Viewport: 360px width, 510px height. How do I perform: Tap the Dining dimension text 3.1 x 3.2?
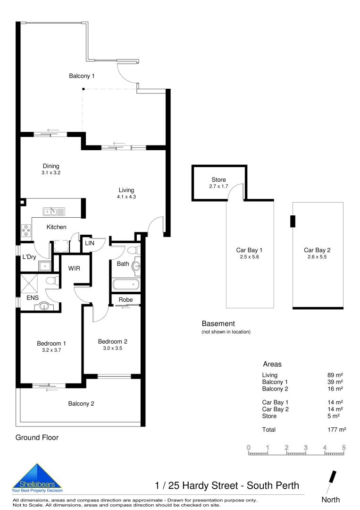[51, 173]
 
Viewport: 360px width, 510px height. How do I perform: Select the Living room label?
[126, 190]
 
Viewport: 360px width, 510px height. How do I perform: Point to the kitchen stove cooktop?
[25, 230]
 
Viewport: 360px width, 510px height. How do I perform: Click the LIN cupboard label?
[89, 243]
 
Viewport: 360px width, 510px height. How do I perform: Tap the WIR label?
[74, 268]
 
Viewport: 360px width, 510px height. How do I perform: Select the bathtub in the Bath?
[126, 284]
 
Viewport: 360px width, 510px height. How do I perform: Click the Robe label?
[126, 300]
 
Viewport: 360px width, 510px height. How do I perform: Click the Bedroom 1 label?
[51, 343]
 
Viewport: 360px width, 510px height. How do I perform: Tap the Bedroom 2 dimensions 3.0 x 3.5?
[113, 348]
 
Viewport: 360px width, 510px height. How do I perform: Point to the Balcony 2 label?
[81, 404]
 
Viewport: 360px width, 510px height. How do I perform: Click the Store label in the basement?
[218, 180]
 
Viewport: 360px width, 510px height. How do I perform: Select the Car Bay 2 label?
[317, 250]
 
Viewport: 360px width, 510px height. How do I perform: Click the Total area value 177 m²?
[336, 430]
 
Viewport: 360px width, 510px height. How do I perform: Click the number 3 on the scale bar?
[306, 447]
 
